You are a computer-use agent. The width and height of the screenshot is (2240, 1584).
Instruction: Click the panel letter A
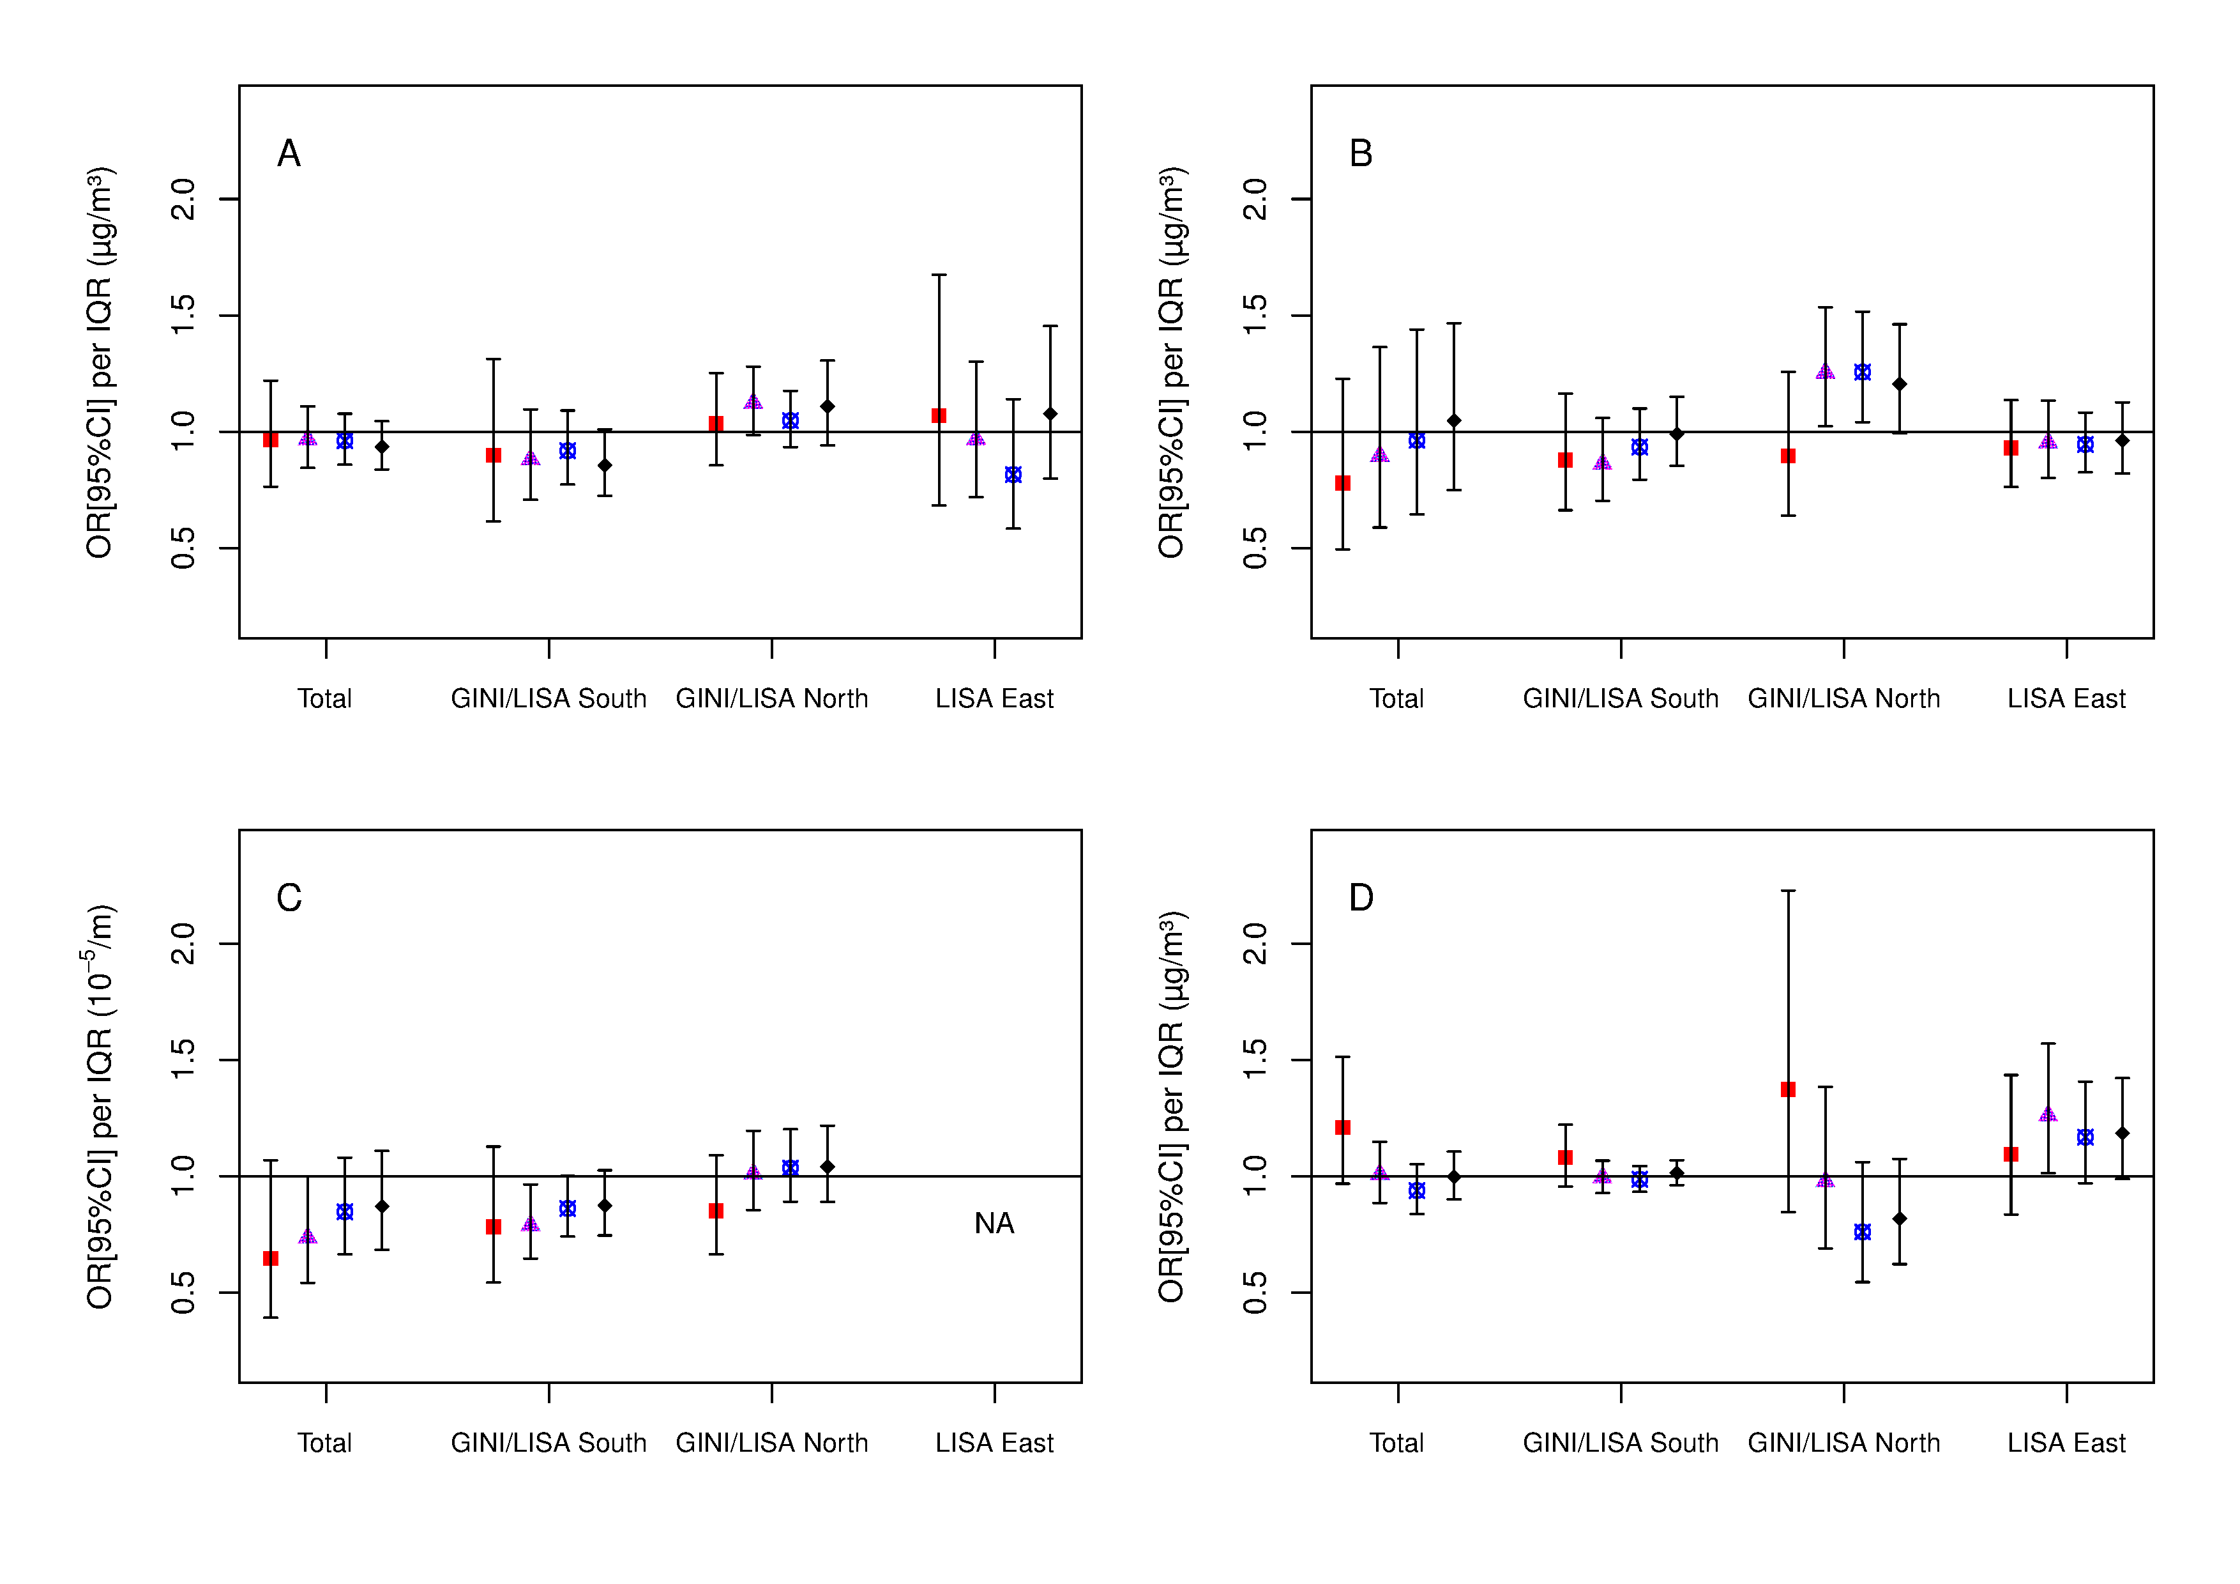pos(289,153)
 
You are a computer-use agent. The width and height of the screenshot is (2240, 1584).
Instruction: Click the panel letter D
pos(1360,898)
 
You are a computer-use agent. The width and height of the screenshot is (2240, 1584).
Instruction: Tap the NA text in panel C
pos(994,1223)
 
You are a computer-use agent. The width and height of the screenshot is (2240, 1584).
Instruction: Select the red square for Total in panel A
pos(271,440)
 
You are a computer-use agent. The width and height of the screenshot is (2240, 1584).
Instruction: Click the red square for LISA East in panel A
pos(939,416)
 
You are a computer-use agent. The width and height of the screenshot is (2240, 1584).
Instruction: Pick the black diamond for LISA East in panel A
pos(1050,414)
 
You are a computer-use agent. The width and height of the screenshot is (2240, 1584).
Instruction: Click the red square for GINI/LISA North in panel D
pos(1789,1089)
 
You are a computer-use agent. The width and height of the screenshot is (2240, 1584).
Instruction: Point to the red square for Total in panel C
pos(271,1259)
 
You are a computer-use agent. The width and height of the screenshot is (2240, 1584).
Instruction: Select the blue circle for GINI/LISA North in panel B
pos(1863,372)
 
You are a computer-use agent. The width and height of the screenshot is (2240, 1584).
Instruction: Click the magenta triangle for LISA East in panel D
pos(2048,1114)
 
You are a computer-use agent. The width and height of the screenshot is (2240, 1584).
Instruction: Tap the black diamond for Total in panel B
pos(1454,420)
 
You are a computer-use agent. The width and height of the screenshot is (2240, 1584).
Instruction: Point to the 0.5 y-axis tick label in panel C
pos(183,1292)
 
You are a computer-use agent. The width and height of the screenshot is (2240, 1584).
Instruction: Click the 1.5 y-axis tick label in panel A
pos(183,315)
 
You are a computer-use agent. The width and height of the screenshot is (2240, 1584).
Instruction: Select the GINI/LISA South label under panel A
pos(549,699)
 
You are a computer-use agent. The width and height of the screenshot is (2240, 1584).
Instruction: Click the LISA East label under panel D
pos(2066,1443)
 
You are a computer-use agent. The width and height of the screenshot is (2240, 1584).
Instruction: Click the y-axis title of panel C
pos(100,1106)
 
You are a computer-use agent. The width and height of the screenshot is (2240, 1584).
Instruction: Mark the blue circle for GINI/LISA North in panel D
pos(1863,1233)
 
